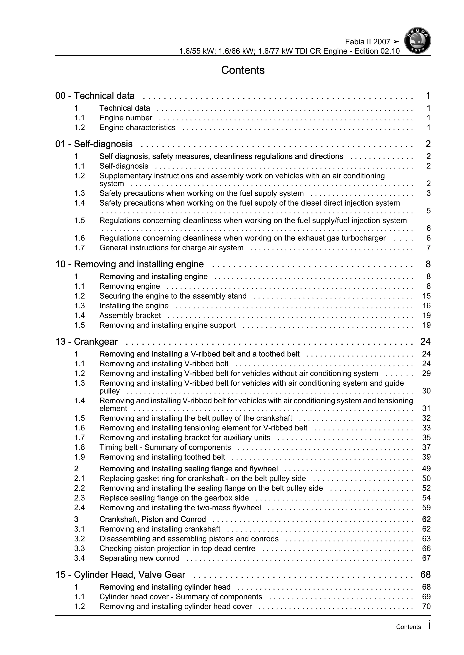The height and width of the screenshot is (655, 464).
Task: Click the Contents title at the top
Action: click(243, 70)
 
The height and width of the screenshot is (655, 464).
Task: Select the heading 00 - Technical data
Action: click(95, 96)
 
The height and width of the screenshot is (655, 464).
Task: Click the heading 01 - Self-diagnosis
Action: click(94, 144)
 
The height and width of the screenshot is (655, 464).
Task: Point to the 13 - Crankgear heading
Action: click(86, 342)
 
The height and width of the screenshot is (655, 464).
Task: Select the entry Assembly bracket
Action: click(130, 316)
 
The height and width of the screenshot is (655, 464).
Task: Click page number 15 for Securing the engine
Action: click(426, 296)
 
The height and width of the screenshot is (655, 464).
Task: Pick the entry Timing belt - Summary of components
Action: click(165, 447)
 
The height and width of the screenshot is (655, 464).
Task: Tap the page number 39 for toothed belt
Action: click(426, 457)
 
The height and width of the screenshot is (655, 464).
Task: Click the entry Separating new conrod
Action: click(139, 558)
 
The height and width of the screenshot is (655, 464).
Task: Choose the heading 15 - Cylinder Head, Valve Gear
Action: click(120, 574)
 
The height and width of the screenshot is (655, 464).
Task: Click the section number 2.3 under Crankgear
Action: click(80, 498)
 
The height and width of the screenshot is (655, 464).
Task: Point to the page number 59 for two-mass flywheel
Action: click(426, 508)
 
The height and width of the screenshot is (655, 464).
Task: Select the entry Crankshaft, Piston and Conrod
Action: click(152, 519)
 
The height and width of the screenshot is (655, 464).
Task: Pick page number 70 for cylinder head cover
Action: click(426, 607)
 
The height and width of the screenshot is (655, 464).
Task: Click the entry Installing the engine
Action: click(134, 306)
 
